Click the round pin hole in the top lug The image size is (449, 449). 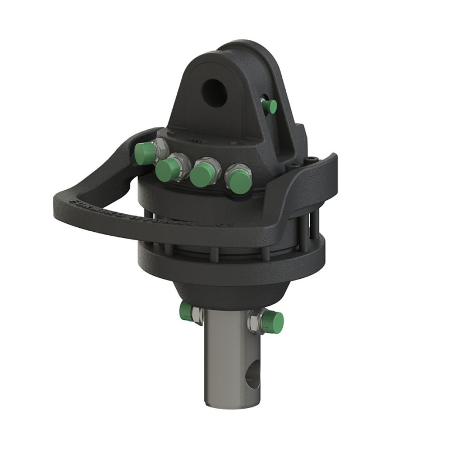214,92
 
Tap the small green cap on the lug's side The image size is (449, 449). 272,106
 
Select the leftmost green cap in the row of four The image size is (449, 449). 145,153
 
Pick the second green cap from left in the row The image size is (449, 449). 167,170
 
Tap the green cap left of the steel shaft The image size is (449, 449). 186,311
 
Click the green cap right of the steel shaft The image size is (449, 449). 273,322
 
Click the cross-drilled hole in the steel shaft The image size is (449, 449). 253,374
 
